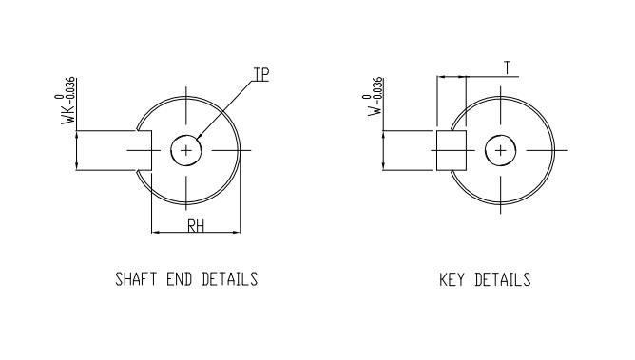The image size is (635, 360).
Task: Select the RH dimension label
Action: [196, 225]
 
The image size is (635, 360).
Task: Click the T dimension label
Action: [508, 67]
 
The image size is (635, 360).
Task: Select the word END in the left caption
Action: [179, 280]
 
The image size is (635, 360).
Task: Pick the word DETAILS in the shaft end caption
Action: [229, 280]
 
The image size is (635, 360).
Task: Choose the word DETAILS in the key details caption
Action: [502, 280]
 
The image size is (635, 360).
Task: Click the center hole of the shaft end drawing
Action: [186, 150]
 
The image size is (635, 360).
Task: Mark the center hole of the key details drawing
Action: [501, 150]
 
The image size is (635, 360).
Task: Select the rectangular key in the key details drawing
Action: [451, 150]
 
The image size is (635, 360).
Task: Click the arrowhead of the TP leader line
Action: [195, 142]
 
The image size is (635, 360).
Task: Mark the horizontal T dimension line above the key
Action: [451, 75]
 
